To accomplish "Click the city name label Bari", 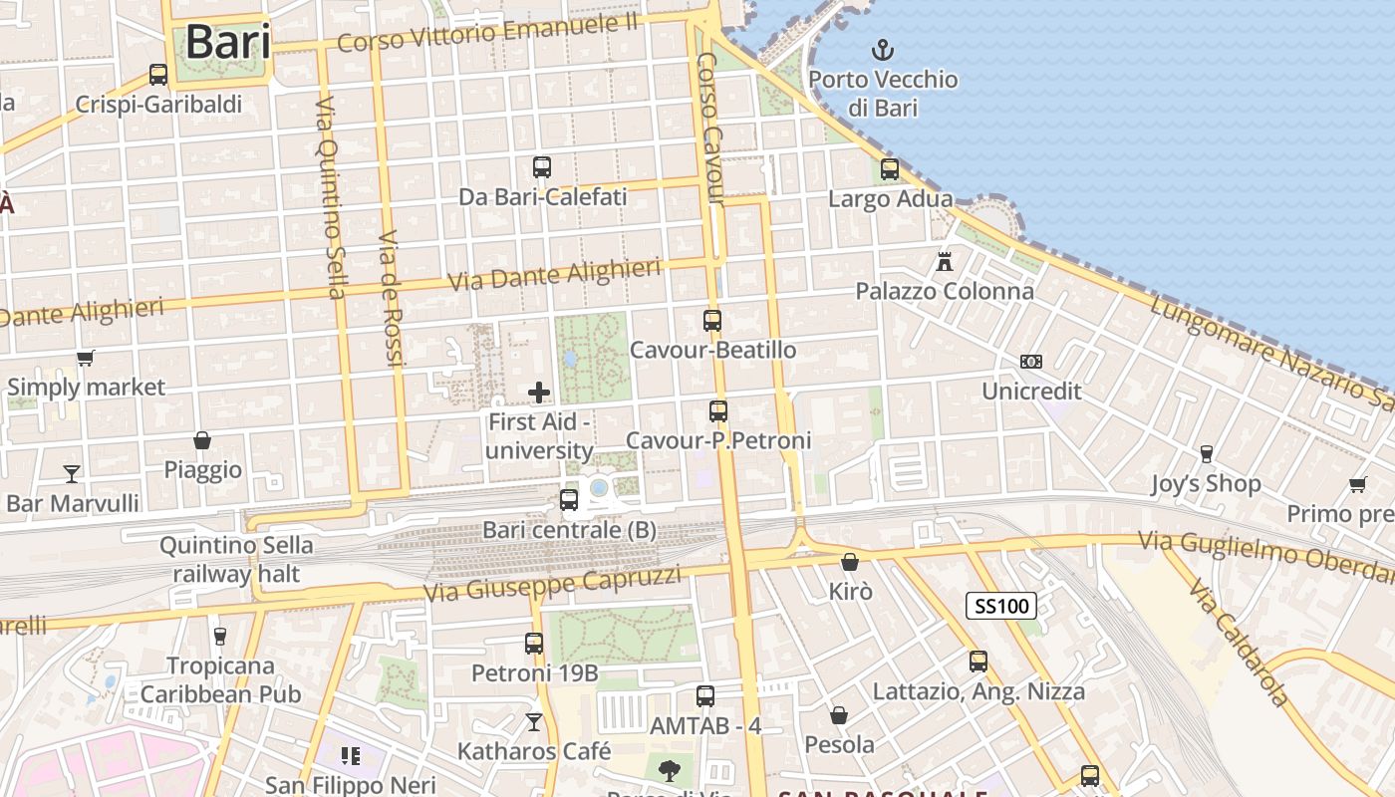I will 228,42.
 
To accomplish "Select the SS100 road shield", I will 1001,605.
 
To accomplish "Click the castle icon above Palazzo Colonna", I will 945,262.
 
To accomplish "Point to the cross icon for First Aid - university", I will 539,393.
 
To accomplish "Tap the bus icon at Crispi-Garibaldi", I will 157,75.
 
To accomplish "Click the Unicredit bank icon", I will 1031,362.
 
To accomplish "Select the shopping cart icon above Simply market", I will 86,358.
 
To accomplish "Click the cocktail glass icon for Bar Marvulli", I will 72,473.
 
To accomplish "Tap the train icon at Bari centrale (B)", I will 569,500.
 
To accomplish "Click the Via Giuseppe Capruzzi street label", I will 553,584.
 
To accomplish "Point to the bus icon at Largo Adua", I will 890,169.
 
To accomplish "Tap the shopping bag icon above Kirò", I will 850,562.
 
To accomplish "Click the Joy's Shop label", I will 1206,484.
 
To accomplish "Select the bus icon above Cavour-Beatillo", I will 712,321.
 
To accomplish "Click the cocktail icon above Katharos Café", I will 534,721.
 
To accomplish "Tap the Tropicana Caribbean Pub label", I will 220,679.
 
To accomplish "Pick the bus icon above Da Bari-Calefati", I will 542,167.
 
